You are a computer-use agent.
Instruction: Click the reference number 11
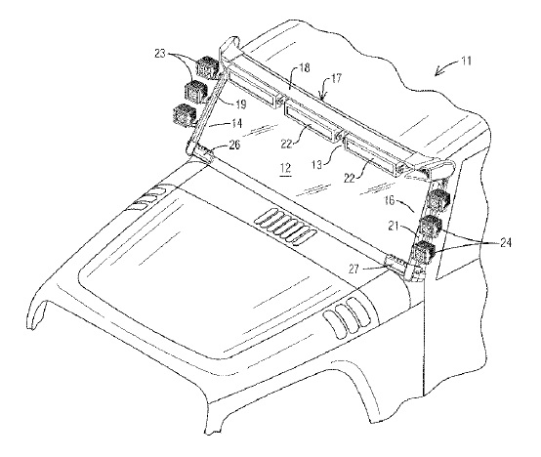click(x=466, y=62)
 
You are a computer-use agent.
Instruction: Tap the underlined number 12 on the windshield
click(x=286, y=168)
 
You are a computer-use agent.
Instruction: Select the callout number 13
click(x=315, y=164)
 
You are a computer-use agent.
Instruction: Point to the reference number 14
click(x=236, y=123)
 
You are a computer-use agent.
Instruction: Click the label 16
click(x=390, y=200)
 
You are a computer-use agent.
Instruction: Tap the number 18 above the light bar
click(x=305, y=67)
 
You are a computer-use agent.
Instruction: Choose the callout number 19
click(x=240, y=104)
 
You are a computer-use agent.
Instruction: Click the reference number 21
click(x=394, y=227)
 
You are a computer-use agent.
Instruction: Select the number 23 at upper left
click(x=161, y=54)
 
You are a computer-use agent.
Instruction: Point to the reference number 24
click(x=505, y=243)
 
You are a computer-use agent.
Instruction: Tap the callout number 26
click(x=234, y=145)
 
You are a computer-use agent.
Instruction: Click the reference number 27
click(x=354, y=269)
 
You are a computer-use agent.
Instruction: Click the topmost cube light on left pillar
click(x=207, y=67)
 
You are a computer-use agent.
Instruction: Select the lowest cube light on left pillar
click(x=185, y=114)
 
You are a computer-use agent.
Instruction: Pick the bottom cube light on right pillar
click(x=423, y=253)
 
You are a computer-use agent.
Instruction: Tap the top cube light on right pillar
click(x=437, y=200)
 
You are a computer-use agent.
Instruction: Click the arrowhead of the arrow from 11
click(x=437, y=73)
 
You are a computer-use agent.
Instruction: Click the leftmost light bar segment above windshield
click(x=253, y=88)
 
